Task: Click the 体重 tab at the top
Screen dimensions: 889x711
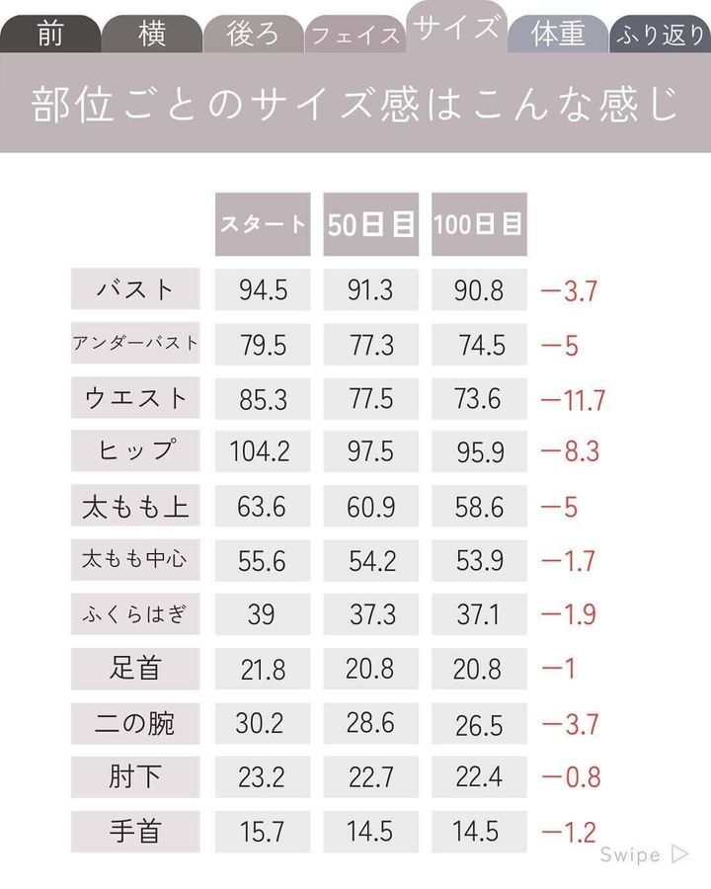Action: [x=558, y=35]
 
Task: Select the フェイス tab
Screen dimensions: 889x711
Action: [x=355, y=36]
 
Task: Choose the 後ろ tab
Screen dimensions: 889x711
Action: [x=254, y=35]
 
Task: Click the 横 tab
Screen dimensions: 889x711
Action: [x=151, y=35]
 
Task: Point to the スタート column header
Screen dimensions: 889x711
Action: [x=263, y=224]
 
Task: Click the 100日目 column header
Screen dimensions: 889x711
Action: [x=478, y=224]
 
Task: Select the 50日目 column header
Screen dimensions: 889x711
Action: [x=370, y=224]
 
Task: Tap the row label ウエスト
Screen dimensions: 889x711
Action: [x=135, y=398]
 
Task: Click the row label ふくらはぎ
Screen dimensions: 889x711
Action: [x=135, y=614]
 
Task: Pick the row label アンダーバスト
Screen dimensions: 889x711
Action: [x=135, y=344]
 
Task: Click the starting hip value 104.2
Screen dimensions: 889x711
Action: [x=262, y=452]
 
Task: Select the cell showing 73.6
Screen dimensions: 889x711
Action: [x=478, y=398]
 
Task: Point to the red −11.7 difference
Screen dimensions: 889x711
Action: [x=573, y=400]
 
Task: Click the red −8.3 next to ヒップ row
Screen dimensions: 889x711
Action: [x=570, y=452]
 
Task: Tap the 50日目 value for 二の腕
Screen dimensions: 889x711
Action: [x=370, y=722]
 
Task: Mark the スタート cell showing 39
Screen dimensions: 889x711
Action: [x=262, y=614]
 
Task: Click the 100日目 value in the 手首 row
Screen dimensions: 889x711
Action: [x=478, y=831]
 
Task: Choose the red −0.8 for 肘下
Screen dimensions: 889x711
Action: [x=570, y=776]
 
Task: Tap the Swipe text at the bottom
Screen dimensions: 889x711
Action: [x=631, y=855]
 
